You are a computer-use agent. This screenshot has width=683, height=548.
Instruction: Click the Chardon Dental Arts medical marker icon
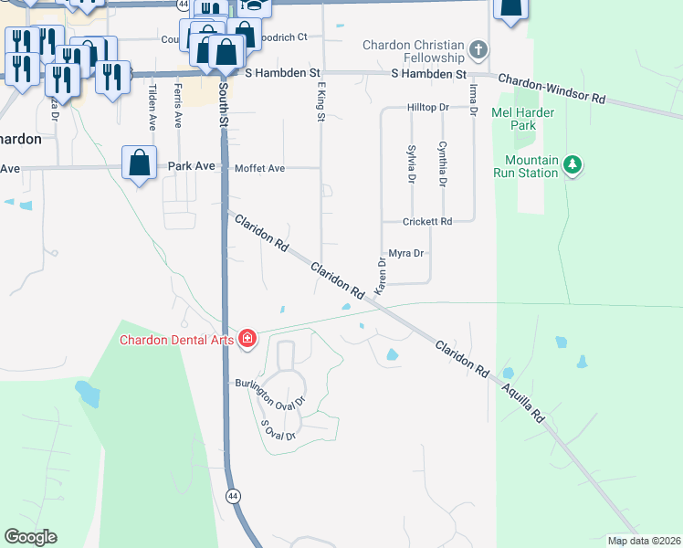(x=246, y=340)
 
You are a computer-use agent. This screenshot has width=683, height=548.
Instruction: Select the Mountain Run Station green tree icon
(x=573, y=164)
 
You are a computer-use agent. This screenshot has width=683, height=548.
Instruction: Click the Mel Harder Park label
(x=524, y=120)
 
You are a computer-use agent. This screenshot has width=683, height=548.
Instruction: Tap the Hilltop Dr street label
(x=428, y=107)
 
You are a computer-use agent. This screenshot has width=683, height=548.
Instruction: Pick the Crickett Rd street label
(x=427, y=222)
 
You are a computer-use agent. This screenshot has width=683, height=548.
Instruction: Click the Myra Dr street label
(x=406, y=253)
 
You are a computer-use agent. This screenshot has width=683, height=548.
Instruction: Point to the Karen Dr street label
(x=382, y=274)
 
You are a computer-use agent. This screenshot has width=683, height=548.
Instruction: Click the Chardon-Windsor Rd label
(x=552, y=88)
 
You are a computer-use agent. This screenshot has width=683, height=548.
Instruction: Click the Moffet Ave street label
(x=260, y=168)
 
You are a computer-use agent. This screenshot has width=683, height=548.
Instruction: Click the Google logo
(x=29, y=537)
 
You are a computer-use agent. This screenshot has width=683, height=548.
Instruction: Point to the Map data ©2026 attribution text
(x=644, y=541)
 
